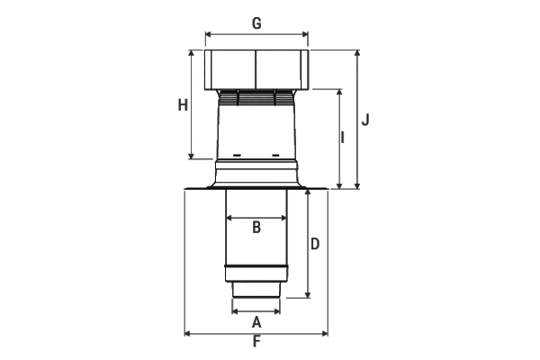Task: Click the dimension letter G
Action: (x=256, y=23)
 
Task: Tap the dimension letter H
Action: (x=183, y=104)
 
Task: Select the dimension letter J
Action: (x=365, y=120)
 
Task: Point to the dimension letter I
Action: (x=342, y=137)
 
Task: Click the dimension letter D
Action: (x=315, y=244)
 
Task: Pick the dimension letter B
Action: (x=256, y=228)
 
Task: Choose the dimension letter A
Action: (x=256, y=322)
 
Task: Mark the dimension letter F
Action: (x=256, y=341)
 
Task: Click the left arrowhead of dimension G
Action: (x=208, y=34)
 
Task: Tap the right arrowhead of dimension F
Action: (x=325, y=334)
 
